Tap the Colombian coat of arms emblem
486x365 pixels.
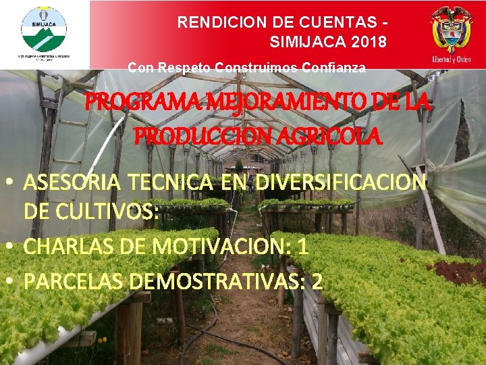pos(452,27)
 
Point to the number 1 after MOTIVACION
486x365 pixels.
pos(303,247)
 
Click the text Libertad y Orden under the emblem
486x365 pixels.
pos(451,59)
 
